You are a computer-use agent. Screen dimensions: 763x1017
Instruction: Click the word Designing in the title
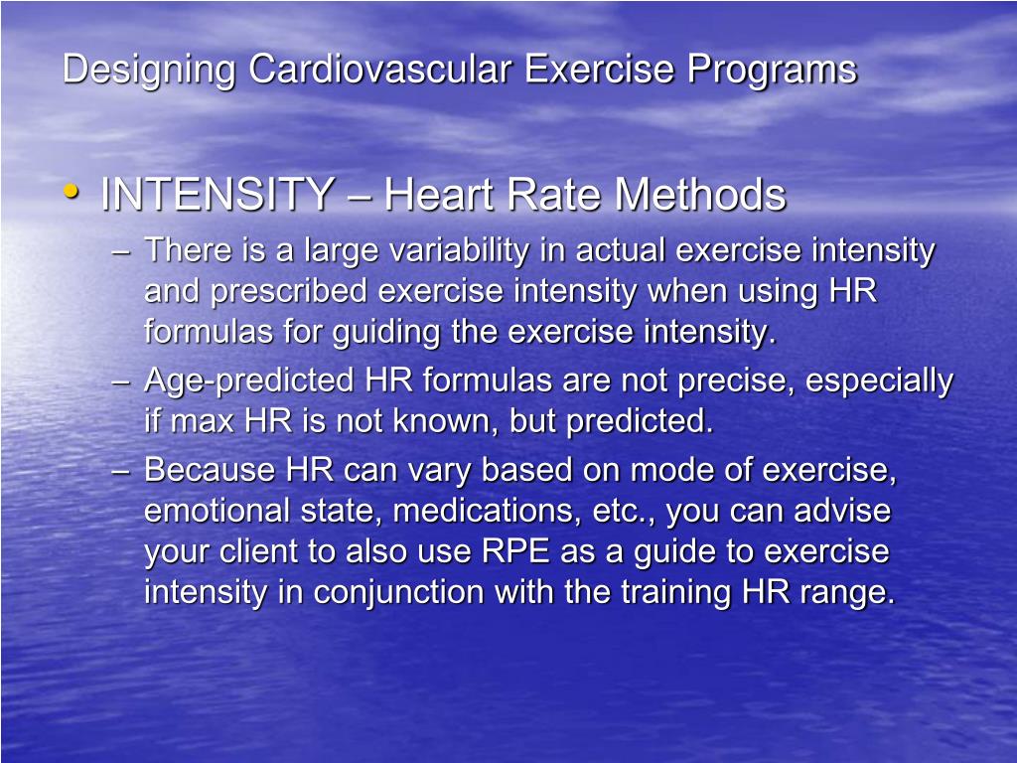click(x=150, y=71)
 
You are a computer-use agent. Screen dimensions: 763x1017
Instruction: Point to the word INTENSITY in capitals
click(x=217, y=195)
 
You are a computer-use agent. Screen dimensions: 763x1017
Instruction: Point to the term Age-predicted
click(x=249, y=381)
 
